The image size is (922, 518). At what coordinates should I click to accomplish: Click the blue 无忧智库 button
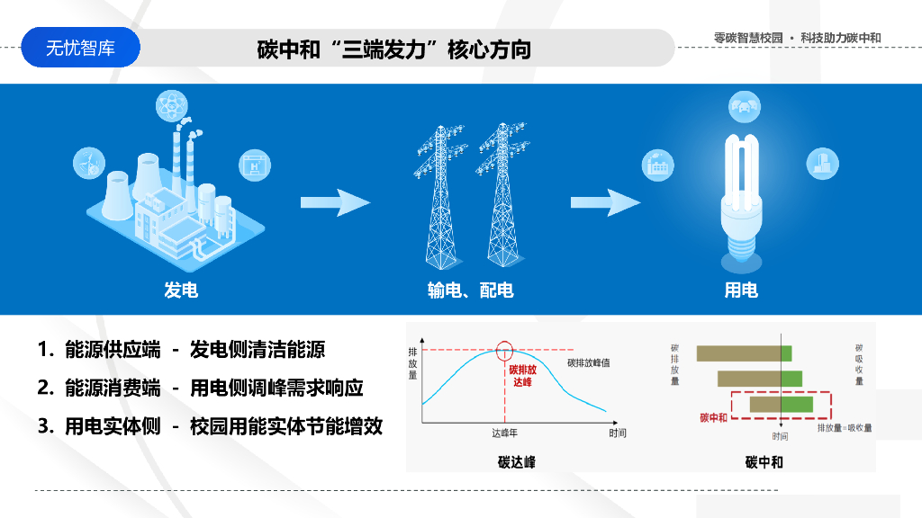click(80, 48)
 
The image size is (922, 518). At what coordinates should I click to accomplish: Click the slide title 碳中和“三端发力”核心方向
click(393, 49)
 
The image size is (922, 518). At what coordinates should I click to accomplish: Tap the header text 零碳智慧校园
click(747, 38)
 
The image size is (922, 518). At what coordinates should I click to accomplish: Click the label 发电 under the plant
click(180, 290)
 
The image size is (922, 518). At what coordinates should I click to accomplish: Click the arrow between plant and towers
click(335, 202)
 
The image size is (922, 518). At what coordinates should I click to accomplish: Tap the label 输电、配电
click(470, 290)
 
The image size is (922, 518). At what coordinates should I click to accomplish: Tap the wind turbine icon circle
click(89, 164)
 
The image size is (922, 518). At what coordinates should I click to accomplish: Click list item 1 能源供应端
click(99, 350)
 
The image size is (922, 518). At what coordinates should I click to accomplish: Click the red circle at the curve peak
click(505, 350)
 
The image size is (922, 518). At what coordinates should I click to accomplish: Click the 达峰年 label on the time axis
click(504, 433)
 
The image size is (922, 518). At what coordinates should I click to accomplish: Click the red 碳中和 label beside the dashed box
click(713, 417)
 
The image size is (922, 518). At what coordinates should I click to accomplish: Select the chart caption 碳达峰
click(517, 461)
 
